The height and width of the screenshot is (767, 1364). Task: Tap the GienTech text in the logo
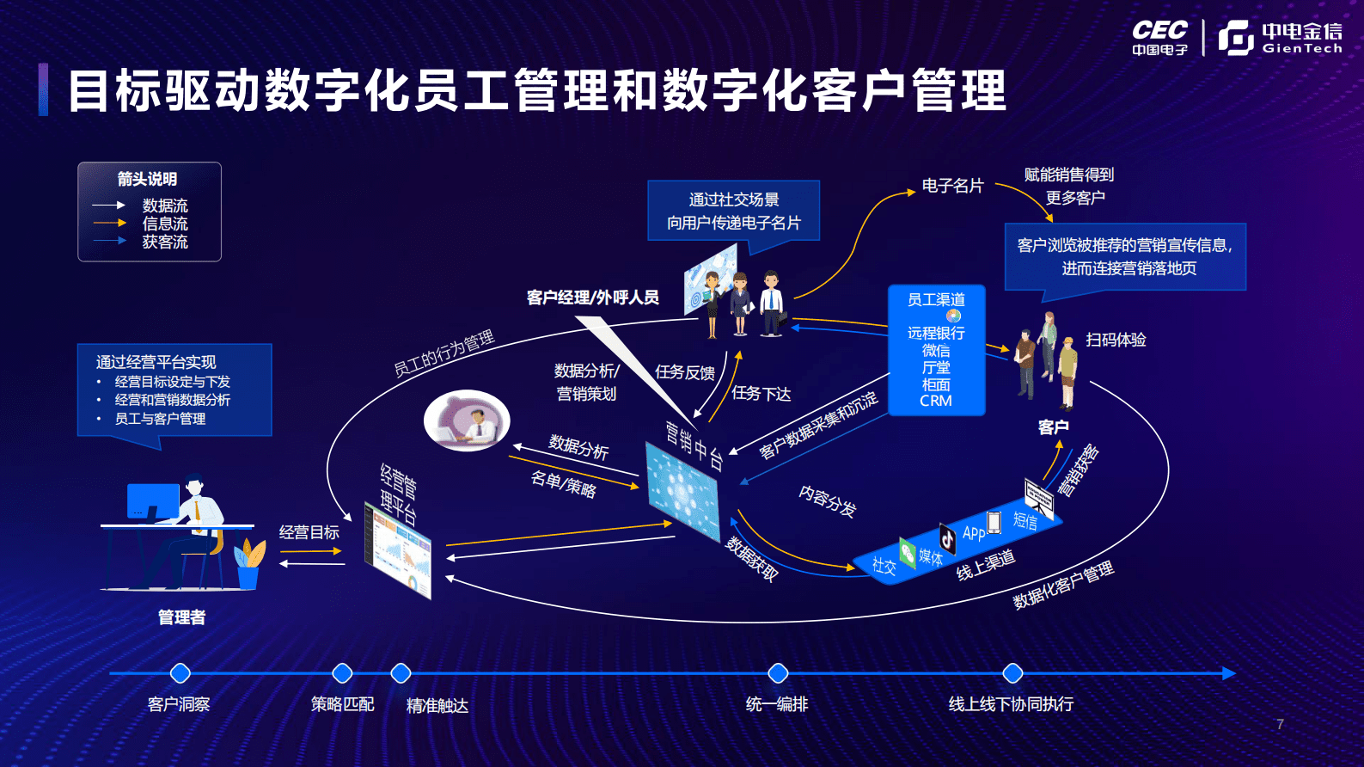[1301, 49]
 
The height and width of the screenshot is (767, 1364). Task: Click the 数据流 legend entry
[164, 206]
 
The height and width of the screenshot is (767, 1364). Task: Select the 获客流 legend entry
[164, 242]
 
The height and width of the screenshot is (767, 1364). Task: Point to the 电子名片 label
[952, 186]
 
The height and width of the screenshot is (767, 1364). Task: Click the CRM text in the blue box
[936, 401]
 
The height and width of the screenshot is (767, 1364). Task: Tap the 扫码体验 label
[1116, 340]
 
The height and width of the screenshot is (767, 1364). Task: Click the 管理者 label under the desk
[181, 617]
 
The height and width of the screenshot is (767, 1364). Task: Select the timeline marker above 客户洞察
[180, 673]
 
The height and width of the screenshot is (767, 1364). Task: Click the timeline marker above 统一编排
[778, 673]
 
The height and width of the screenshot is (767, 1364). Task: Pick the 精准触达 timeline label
[437, 706]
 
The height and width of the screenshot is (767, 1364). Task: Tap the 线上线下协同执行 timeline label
[1011, 704]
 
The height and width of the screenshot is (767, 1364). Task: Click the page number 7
[1280, 724]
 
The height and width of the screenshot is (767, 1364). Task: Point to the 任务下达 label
[762, 394]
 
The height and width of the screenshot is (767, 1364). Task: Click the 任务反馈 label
[685, 372]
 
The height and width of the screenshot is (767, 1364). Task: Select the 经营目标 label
[309, 532]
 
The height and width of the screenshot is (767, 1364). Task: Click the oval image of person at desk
[467, 420]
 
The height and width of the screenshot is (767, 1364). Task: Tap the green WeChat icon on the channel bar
[908, 551]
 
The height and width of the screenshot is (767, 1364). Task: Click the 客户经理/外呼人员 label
[592, 298]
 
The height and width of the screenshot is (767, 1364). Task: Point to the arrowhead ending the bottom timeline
[1230, 673]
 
